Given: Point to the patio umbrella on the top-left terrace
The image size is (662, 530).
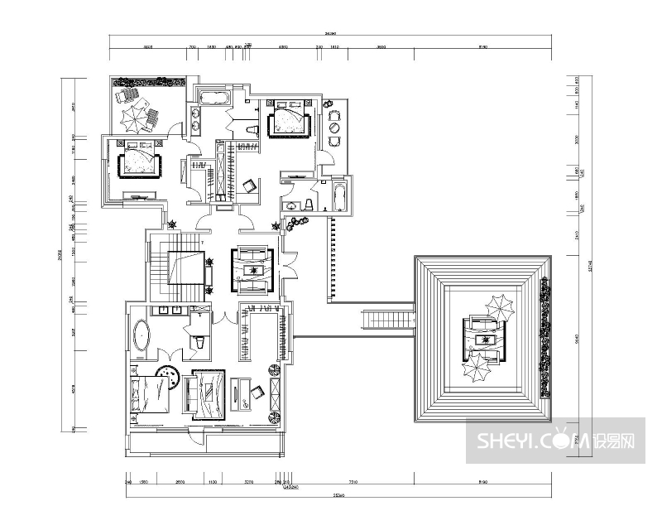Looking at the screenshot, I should coord(132,119).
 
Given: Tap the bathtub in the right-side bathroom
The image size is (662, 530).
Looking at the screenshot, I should coord(339,197).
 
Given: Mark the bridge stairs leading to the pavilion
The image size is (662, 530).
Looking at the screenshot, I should coord(387,318).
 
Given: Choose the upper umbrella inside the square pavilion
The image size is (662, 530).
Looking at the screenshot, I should coord(499,306).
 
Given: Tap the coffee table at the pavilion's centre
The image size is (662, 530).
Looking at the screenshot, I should coord(484,339).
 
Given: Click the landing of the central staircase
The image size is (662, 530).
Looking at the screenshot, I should coord(186,267).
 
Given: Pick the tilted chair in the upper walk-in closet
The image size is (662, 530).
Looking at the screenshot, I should coord(249,185).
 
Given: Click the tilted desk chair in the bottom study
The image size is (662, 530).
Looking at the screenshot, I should coord(256,393).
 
